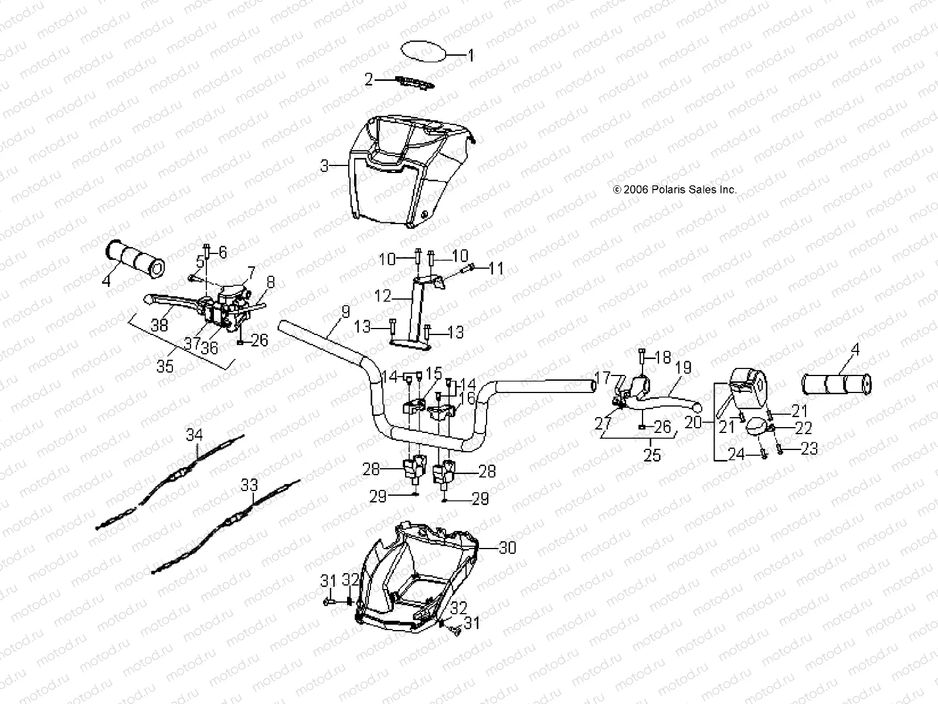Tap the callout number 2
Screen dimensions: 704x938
(369, 79)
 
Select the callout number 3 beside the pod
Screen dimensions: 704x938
(324, 166)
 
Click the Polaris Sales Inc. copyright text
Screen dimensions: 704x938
(674, 190)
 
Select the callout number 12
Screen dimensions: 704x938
(382, 296)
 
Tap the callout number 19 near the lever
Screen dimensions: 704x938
(683, 368)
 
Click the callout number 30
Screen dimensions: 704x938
(507, 547)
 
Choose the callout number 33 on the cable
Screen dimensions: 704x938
(249, 485)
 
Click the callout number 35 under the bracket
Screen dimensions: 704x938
(165, 366)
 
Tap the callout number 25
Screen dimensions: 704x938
(652, 455)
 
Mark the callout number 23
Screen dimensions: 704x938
(809, 448)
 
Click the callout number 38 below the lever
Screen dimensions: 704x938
(159, 326)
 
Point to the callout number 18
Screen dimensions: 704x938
(662, 358)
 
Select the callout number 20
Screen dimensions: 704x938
(694, 422)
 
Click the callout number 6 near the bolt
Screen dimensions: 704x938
(222, 252)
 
